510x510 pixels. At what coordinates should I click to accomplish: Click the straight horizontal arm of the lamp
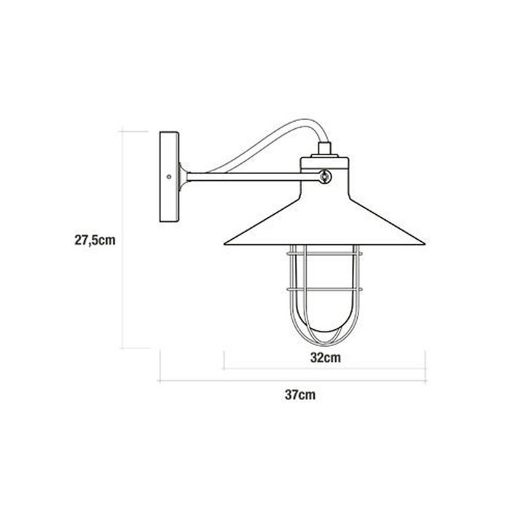click(x=248, y=175)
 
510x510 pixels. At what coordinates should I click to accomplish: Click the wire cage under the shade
click(x=325, y=291)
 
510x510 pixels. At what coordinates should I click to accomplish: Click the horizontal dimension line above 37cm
click(x=291, y=380)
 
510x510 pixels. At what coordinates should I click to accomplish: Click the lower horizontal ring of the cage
click(x=325, y=290)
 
